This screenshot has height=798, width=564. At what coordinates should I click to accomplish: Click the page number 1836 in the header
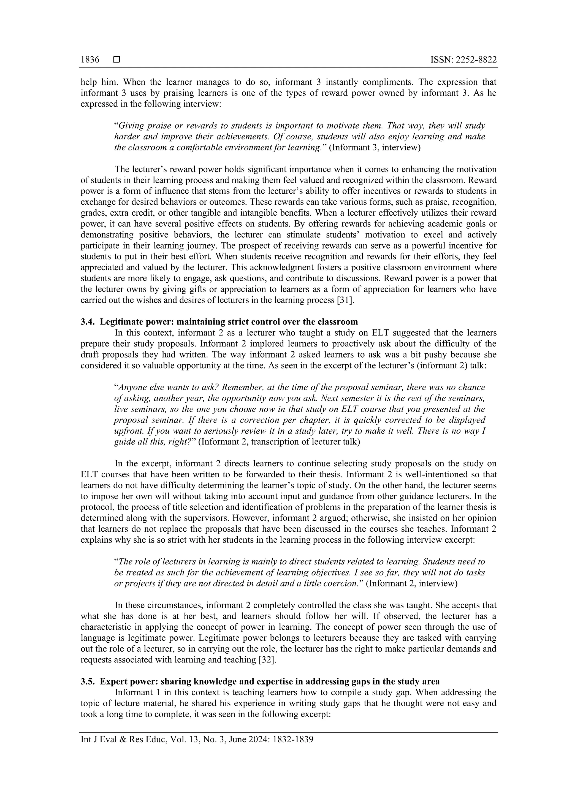pyautogui.click(x=90, y=60)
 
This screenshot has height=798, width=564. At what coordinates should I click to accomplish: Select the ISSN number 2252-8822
pyautogui.click(x=476, y=60)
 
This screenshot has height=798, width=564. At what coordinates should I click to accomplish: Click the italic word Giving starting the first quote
pyautogui.click(x=131, y=125)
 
